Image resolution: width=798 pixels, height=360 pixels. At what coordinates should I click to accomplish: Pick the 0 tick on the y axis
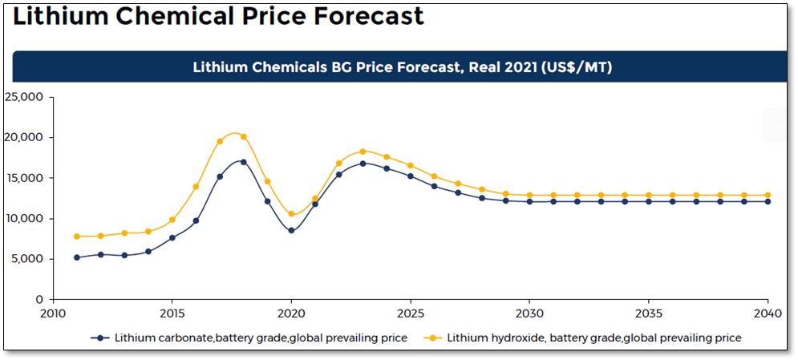pos(39,300)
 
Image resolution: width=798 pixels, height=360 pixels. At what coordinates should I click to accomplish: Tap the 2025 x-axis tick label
pos(411,313)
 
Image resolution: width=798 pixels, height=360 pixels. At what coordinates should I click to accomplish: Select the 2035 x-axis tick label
pos(649,313)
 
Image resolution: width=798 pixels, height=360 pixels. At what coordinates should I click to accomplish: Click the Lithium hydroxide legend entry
pos(593,338)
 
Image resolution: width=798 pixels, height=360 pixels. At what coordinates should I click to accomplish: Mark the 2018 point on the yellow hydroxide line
pos(244,136)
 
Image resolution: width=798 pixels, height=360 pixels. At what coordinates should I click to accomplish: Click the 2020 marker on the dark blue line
pos(291,231)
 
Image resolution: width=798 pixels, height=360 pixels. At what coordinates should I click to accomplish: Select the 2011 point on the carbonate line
pos(77,257)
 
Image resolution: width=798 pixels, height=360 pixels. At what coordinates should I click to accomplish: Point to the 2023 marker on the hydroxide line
pos(363,152)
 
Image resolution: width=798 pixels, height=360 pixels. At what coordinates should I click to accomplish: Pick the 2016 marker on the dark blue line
pos(196,220)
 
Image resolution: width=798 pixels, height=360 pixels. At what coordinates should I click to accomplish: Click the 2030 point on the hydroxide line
pos(529,195)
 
